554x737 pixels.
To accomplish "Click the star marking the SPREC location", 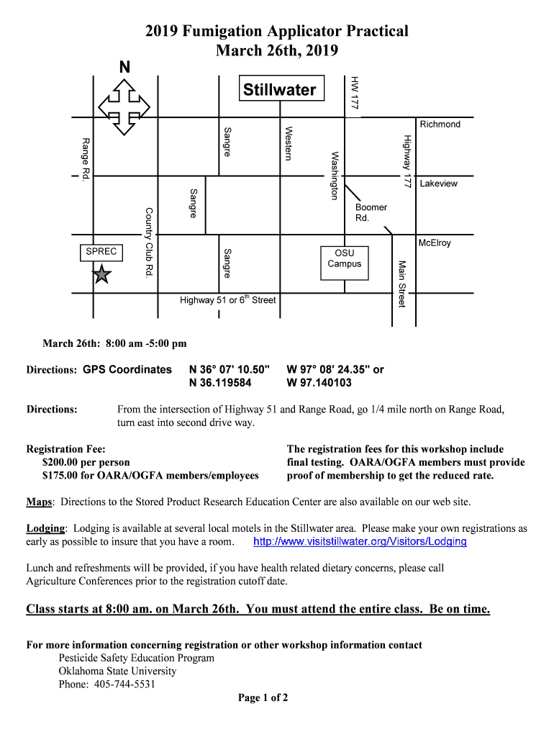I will pyautogui.click(x=102, y=274).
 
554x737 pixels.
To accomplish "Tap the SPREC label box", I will pyautogui.click(x=100, y=252).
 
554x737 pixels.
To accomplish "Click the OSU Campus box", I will pyautogui.click(x=345, y=258).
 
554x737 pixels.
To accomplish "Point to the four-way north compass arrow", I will pyautogui.click(x=124, y=106).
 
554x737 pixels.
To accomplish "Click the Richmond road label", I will pyautogui.click(x=440, y=125).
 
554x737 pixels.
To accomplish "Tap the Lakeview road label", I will pyautogui.click(x=438, y=184).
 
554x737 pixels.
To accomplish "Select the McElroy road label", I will pyautogui.click(x=434, y=243).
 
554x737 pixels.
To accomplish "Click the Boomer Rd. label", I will pyautogui.click(x=371, y=212).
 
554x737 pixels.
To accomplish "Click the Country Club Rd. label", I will pyautogui.click(x=150, y=243).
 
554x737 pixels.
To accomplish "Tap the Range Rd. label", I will pyautogui.click(x=86, y=158).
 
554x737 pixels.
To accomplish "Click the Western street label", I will pyautogui.click(x=288, y=143).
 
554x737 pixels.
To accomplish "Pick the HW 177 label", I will pyautogui.click(x=353, y=92).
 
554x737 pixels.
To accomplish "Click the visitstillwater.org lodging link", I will pyautogui.click(x=360, y=541).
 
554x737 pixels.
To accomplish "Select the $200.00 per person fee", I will pyautogui.click(x=86, y=462).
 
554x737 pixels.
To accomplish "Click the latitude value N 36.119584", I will pyautogui.click(x=220, y=383).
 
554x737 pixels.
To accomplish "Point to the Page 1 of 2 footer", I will pyautogui.click(x=263, y=697).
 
